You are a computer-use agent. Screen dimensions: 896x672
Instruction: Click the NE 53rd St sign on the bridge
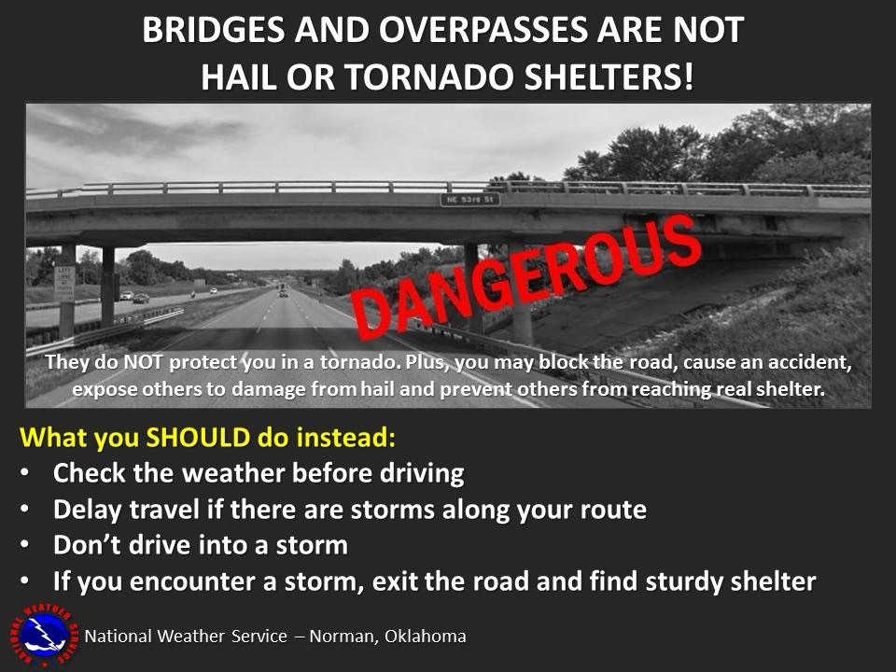tap(469, 200)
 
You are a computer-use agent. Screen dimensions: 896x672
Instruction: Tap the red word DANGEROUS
tap(526, 277)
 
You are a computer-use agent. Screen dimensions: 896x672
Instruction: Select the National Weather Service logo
tap(44, 636)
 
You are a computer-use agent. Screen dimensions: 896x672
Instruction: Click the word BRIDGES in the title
tap(213, 30)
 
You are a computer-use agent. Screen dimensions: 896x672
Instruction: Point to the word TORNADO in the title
tap(430, 77)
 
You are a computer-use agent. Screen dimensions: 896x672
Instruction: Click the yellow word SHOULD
tap(198, 437)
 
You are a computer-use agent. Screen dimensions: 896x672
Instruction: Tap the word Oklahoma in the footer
tap(426, 636)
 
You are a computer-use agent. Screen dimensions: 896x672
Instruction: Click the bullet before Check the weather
tap(24, 474)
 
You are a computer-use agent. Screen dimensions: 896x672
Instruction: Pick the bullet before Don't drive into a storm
tap(24, 545)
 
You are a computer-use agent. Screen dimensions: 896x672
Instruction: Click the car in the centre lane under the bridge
tap(284, 292)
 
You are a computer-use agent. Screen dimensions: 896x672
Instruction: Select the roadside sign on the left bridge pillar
tap(64, 284)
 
